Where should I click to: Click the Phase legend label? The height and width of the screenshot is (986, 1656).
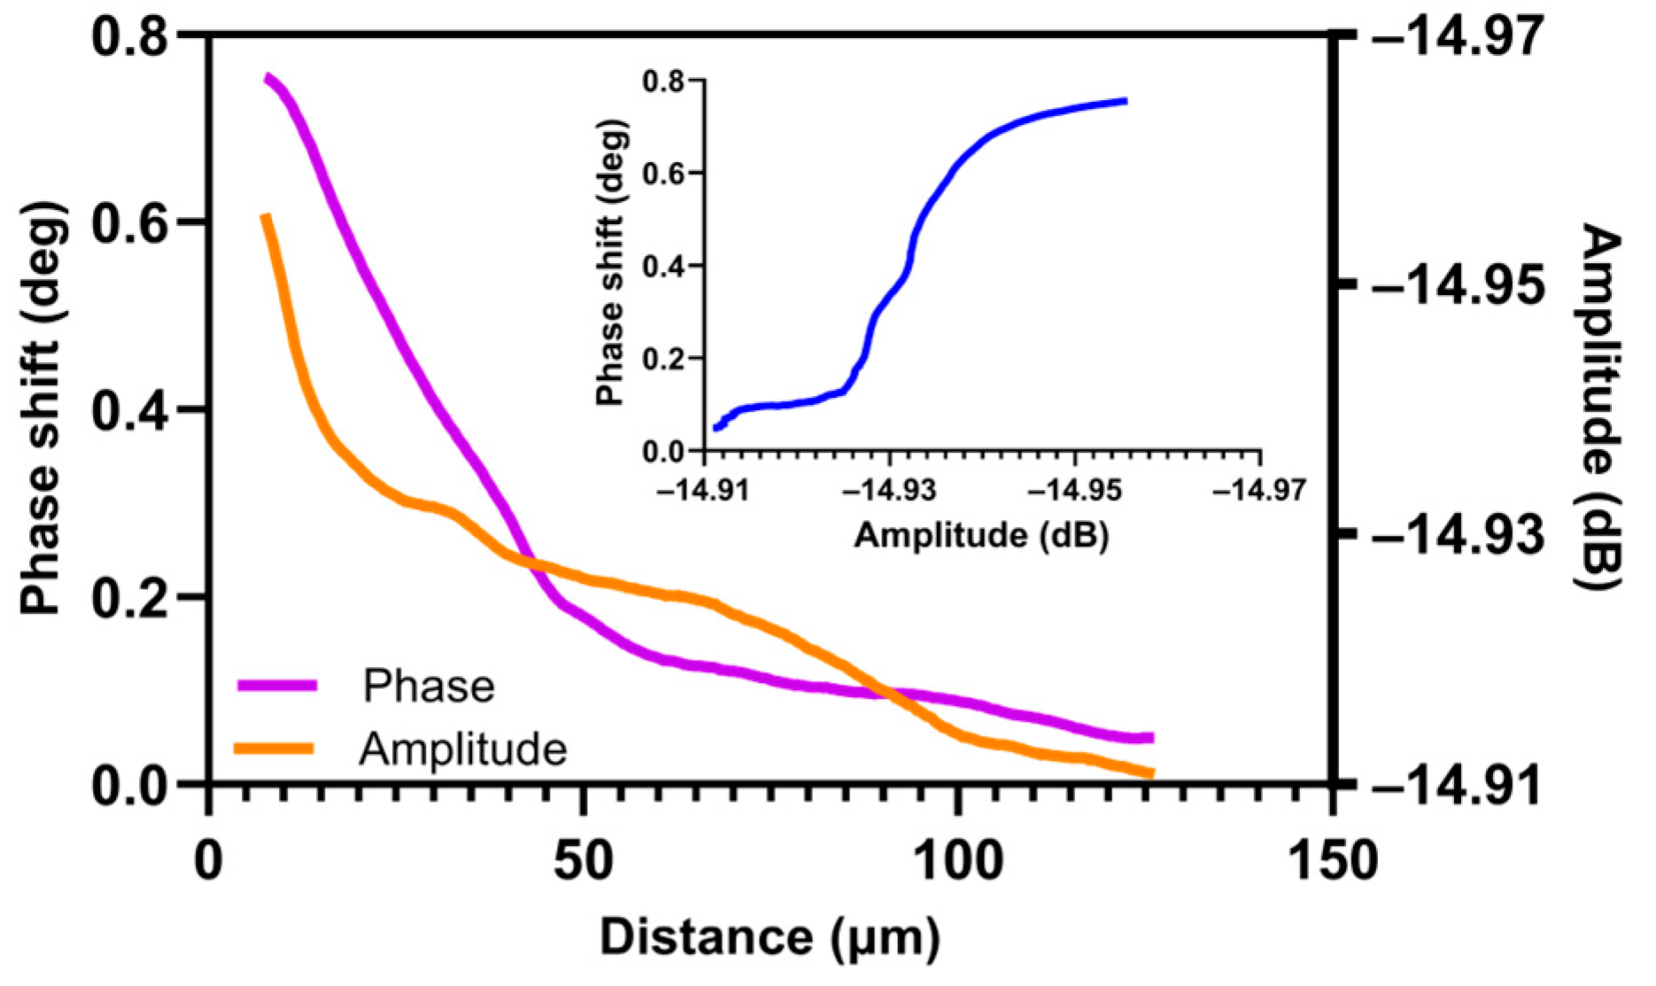coord(429,687)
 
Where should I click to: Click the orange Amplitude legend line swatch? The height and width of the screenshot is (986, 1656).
coord(275,749)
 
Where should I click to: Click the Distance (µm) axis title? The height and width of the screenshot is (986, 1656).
coord(770,937)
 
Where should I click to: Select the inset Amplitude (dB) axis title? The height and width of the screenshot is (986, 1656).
coord(981,535)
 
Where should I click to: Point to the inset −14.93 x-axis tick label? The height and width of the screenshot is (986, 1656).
coord(889,489)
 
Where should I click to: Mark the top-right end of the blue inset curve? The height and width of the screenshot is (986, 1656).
coord(1126,101)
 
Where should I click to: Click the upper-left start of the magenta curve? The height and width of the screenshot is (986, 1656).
coord(267,79)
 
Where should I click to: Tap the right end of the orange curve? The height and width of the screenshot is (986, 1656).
coord(1151,774)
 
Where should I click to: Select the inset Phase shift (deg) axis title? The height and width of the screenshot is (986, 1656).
coord(611,263)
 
